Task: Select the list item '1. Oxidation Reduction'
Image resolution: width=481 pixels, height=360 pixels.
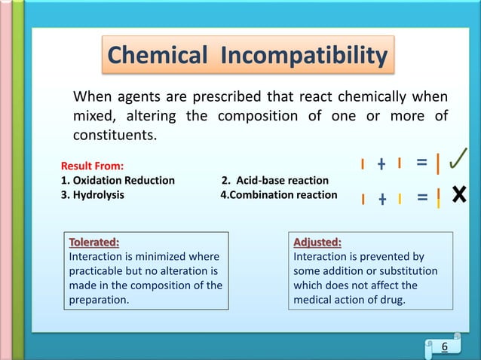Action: tap(118, 180)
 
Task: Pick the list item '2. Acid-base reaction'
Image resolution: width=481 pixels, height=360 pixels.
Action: tap(275, 180)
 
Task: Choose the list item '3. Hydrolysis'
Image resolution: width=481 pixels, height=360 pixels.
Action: tap(93, 195)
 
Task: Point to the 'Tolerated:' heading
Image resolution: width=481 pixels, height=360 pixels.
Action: tap(94, 243)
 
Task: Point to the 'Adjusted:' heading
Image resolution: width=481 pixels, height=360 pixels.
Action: tap(317, 243)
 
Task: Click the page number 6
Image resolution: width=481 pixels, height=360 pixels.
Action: tap(444, 346)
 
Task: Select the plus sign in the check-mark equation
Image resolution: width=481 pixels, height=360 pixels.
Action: tap(381, 163)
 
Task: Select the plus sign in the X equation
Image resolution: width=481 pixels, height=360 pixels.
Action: tap(381, 199)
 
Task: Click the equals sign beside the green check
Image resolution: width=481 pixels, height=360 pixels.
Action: tap(421, 163)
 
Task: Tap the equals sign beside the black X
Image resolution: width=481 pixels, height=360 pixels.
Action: tap(421, 198)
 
